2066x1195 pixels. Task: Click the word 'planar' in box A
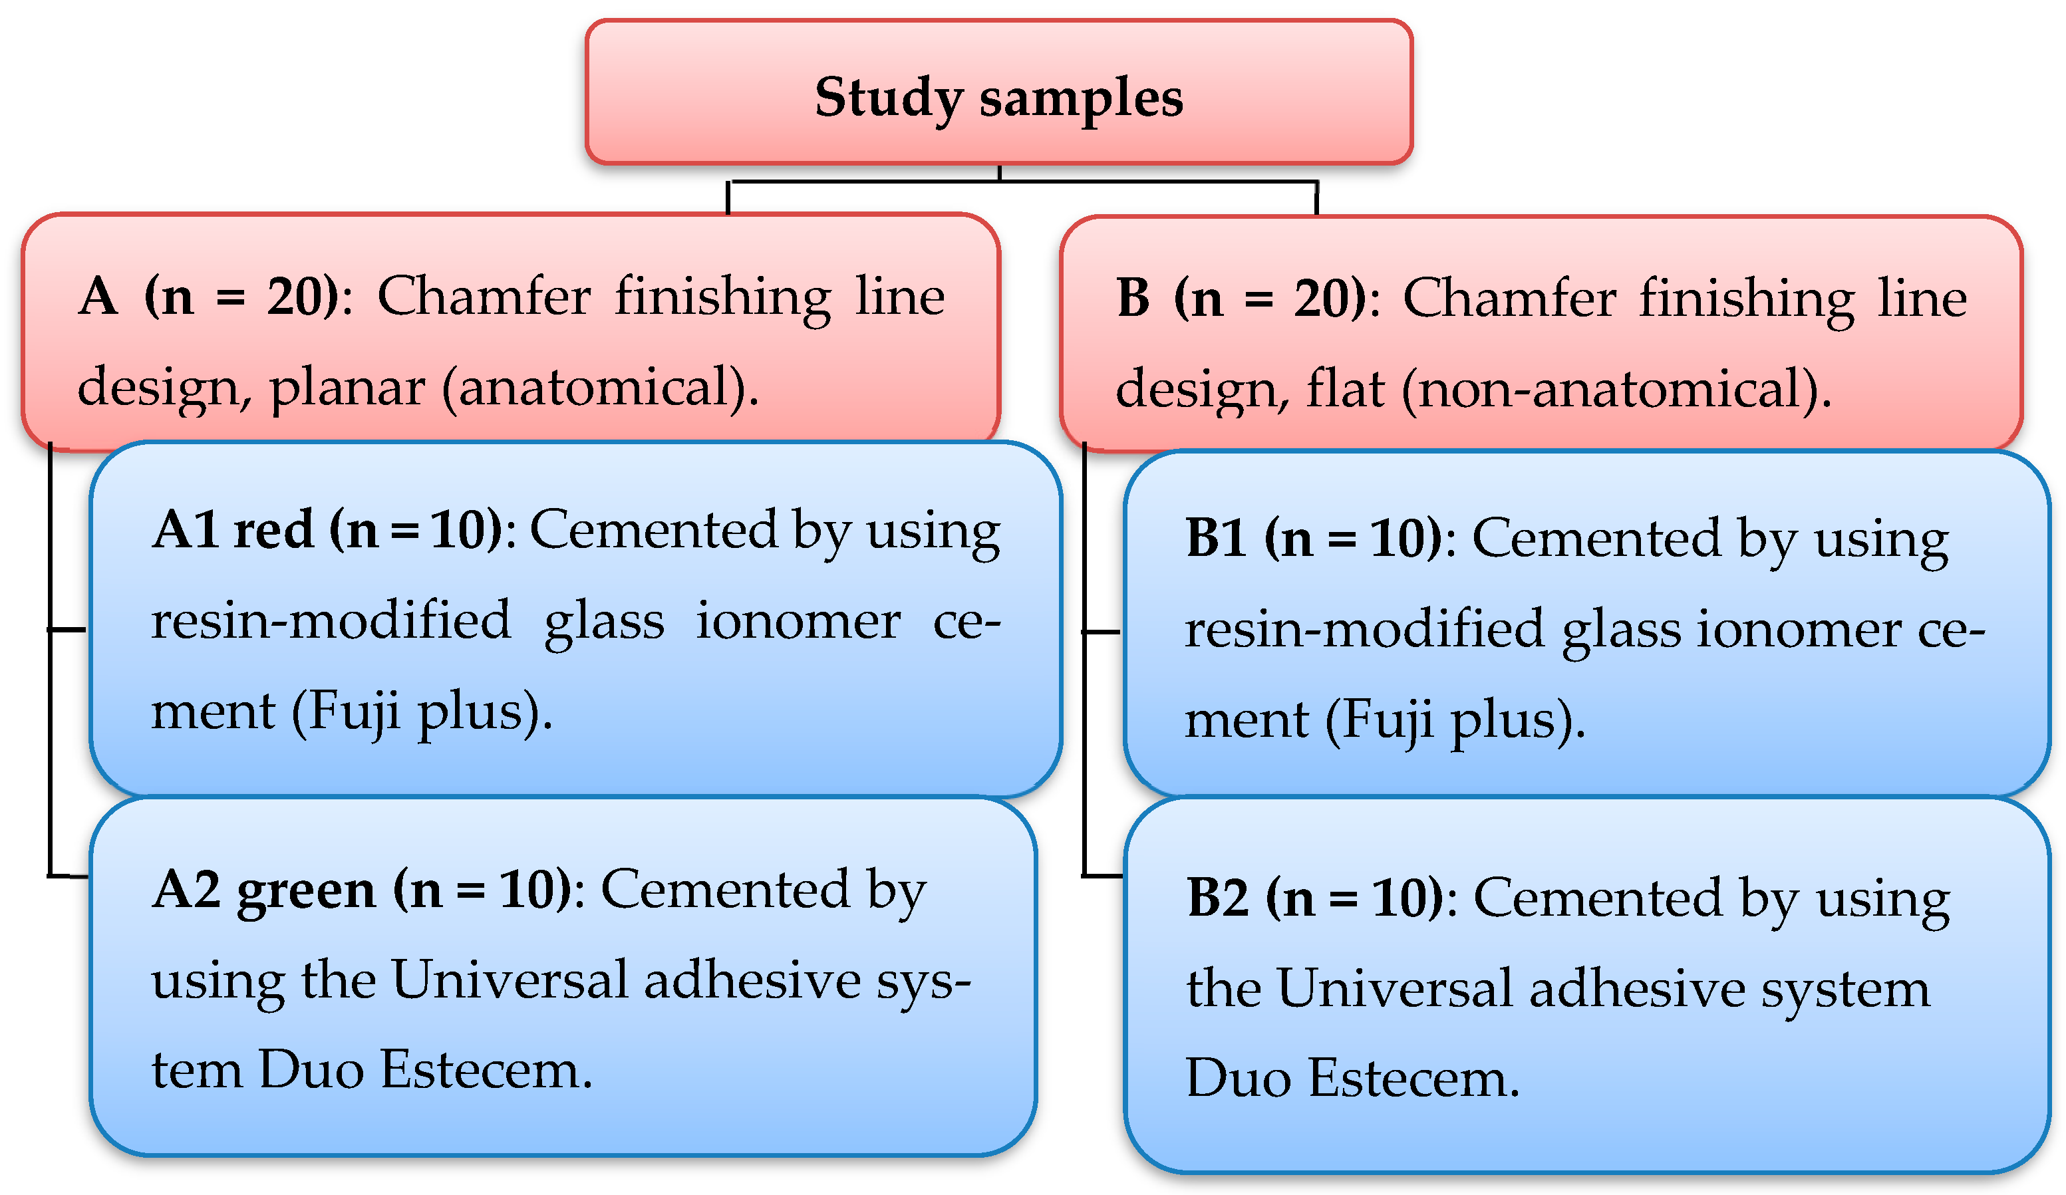347,388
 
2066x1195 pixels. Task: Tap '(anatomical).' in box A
600,388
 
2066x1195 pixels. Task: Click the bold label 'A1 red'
233,530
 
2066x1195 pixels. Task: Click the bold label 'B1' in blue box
1217,539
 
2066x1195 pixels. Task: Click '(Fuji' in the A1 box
345,712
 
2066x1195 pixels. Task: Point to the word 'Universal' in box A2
509,980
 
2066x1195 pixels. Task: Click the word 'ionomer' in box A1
798,621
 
